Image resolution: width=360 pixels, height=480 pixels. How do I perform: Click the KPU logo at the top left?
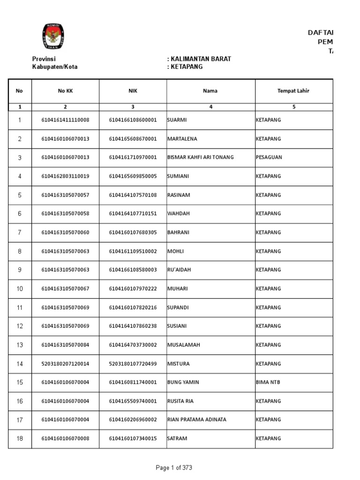53,36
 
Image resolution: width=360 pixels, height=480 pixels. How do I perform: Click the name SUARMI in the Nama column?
177,120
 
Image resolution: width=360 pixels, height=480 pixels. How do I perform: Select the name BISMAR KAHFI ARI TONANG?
200,157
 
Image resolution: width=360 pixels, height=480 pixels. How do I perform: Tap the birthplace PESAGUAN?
269,157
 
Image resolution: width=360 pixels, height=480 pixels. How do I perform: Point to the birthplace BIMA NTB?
268,382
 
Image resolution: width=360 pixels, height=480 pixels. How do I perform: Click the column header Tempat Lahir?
293,91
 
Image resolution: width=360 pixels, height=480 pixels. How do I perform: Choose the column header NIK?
133,91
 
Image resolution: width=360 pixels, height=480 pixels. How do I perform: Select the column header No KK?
65,91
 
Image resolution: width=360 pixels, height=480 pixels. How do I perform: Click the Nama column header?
210,91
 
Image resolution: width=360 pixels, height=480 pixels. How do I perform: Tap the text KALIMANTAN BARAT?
201,59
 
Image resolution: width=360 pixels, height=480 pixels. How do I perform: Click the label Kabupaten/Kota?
55,67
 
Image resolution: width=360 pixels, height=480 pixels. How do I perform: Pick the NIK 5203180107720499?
133,364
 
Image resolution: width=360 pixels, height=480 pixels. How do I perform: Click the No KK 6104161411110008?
65,120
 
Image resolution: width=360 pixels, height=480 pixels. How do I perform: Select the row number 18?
20,439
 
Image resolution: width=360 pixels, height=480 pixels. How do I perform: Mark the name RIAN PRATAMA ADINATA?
196,420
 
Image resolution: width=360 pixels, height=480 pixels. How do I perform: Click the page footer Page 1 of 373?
174,467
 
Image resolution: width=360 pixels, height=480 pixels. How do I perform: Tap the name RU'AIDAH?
179,270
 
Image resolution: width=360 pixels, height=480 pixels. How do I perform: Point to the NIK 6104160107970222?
133,289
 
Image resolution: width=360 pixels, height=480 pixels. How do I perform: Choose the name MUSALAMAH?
184,345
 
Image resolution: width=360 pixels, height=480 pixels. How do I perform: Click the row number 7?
20,232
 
